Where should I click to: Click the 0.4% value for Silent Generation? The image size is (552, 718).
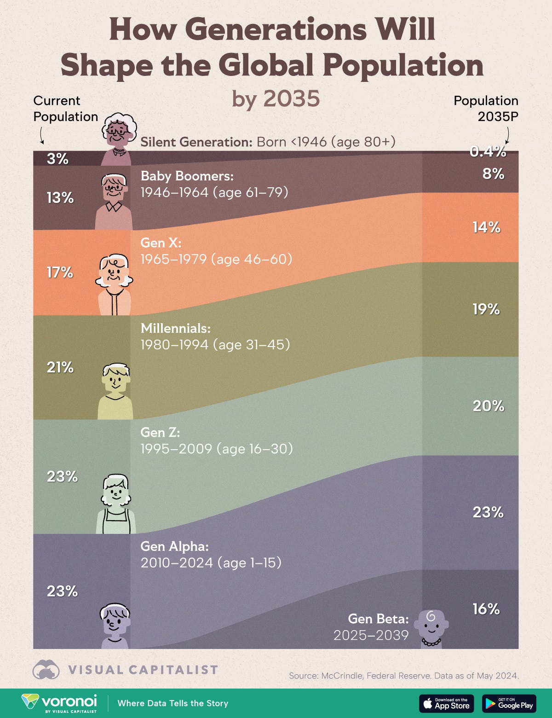click(488, 151)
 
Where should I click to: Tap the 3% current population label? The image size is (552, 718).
click(57, 159)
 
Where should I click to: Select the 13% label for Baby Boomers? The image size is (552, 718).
click(60, 198)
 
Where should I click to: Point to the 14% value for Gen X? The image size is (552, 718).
click(486, 227)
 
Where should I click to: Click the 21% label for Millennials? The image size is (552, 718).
click(60, 367)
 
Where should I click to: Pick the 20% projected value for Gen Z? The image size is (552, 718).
click(488, 406)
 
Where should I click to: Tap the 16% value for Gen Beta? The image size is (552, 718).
click(486, 609)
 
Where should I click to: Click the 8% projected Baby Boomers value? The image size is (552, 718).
click(493, 174)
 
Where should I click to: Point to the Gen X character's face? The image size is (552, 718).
click(114, 273)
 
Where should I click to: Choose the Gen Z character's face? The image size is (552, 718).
click(115, 493)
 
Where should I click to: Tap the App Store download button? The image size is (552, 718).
click(446, 703)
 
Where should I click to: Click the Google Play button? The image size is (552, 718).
click(509, 703)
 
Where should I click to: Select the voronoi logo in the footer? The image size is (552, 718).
click(59, 703)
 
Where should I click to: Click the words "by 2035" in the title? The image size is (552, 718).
click(276, 98)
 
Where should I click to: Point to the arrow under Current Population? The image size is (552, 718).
click(42, 135)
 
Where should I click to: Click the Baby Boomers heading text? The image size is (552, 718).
click(187, 176)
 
